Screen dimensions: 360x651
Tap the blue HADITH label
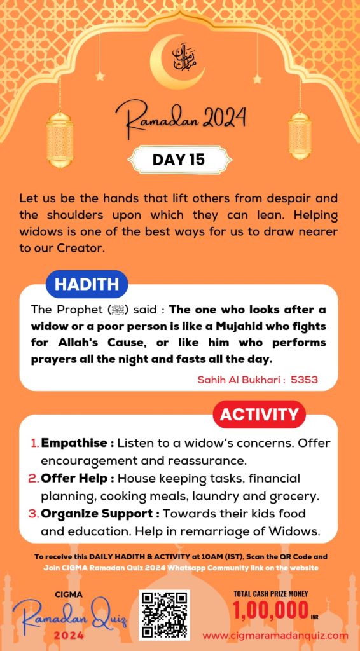[x=87, y=285]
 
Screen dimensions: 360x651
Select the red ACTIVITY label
[x=259, y=415]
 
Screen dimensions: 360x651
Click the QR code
[x=165, y=615]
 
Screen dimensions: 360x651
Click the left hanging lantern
[x=60, y=137]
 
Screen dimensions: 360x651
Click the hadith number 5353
[x=304, y=380]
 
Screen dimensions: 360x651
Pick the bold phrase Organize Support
[x=90, y=514]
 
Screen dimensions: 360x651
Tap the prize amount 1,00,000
[x=270, y=611]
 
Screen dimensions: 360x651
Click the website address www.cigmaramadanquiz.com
[x=275, y=635]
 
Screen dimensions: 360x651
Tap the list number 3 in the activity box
[x=35, y=514]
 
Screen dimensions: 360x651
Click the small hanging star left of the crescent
[x=99, y=76]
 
